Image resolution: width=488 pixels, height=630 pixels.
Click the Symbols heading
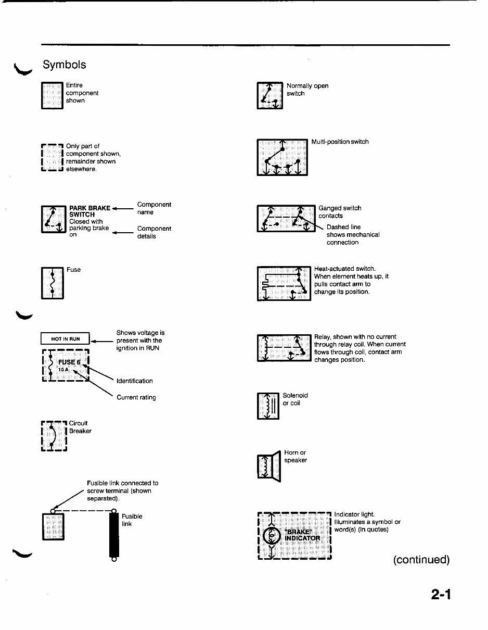tap(64, 65)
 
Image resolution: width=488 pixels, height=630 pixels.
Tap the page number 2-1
tap(440, 594)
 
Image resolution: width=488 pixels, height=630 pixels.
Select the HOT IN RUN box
tap(66, 339)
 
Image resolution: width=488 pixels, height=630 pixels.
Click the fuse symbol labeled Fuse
tap(52, 283)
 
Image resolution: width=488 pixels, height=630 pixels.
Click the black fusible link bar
tap(114, 535)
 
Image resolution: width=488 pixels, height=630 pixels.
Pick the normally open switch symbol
tap(270, 96)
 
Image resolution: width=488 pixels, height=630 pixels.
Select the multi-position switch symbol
tap(282, 157)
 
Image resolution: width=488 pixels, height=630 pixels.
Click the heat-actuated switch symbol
tap(284, 283)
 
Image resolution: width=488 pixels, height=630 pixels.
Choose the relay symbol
tap(284, 348)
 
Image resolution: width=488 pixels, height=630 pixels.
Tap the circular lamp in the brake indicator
tap(272, 536)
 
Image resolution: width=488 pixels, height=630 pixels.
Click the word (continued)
tap(421, 560)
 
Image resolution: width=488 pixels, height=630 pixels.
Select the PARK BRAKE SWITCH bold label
tap(89, 211)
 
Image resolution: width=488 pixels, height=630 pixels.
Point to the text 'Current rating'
tap(136, 397)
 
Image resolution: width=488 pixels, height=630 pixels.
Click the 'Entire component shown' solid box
tap(52, 96)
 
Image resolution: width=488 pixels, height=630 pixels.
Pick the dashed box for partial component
tap(52, 158)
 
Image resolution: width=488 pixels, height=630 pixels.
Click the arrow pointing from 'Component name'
tap(123, 208)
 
